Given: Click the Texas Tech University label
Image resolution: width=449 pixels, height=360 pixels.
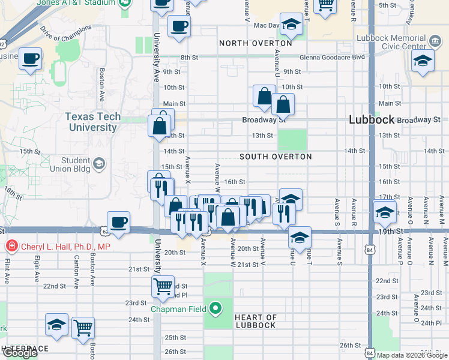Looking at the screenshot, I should (x=92, y=122).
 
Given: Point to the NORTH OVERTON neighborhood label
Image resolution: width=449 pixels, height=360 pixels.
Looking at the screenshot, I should (x=256, y=43).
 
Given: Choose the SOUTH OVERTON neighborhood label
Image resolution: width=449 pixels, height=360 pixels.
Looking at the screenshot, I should (x=276, y=157).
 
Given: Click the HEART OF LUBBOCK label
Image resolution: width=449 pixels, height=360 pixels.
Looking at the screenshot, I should (x=255, y=321).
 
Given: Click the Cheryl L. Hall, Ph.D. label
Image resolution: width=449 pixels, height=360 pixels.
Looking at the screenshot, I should (x=66, y=246).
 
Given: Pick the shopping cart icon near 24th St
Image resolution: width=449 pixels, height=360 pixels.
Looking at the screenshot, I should (x=83, y=327).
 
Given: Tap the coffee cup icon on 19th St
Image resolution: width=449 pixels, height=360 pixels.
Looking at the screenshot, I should (x=119, y=222).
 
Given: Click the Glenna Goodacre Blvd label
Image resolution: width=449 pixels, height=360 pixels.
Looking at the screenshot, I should (x=337, y=58).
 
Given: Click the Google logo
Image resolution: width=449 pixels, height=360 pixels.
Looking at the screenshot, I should (x=19, y=353).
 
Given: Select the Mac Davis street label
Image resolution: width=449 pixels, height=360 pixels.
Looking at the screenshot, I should (x=267, y=26).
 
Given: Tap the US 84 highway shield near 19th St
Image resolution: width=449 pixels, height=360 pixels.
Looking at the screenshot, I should (x=371, y=248).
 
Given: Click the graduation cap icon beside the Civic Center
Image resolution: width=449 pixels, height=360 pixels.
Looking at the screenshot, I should (x=423, y=61).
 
